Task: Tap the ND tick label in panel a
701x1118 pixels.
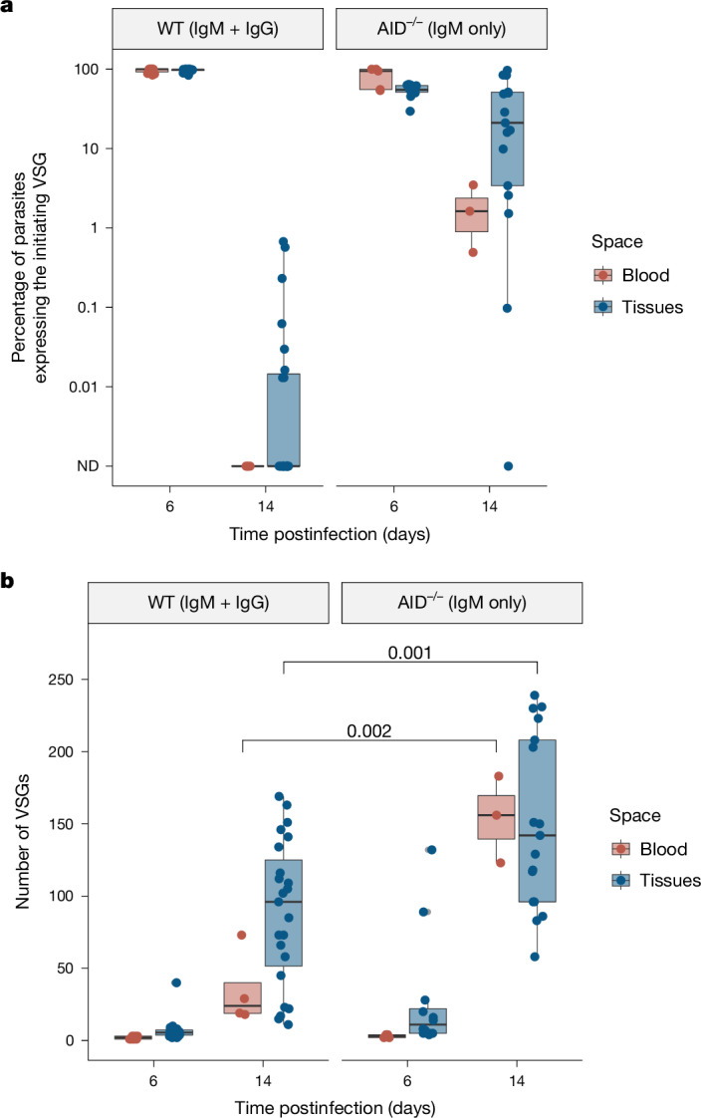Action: (89, 466)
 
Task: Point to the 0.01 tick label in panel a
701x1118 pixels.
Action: (84, 387)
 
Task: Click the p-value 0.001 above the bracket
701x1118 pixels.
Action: (410, 652)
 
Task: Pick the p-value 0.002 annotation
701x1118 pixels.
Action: (369, 730)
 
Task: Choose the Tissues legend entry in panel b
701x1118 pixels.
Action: (655, 881)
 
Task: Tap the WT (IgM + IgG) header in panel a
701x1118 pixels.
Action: (217, 29)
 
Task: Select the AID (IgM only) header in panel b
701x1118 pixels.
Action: (462, 602)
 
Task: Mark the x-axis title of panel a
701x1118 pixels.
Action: (330, 533)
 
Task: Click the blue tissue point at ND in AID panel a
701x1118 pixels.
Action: (508, 466)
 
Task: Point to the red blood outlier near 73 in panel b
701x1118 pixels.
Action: (242, 935)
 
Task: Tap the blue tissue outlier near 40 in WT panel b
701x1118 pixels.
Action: (176, 982)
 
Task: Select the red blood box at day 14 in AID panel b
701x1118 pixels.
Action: (497, 817)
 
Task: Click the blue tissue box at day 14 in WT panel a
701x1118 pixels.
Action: (284, 419)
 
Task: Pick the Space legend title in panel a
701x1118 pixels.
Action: (617, 242)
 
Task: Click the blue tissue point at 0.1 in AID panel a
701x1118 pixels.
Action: (507, 308)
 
